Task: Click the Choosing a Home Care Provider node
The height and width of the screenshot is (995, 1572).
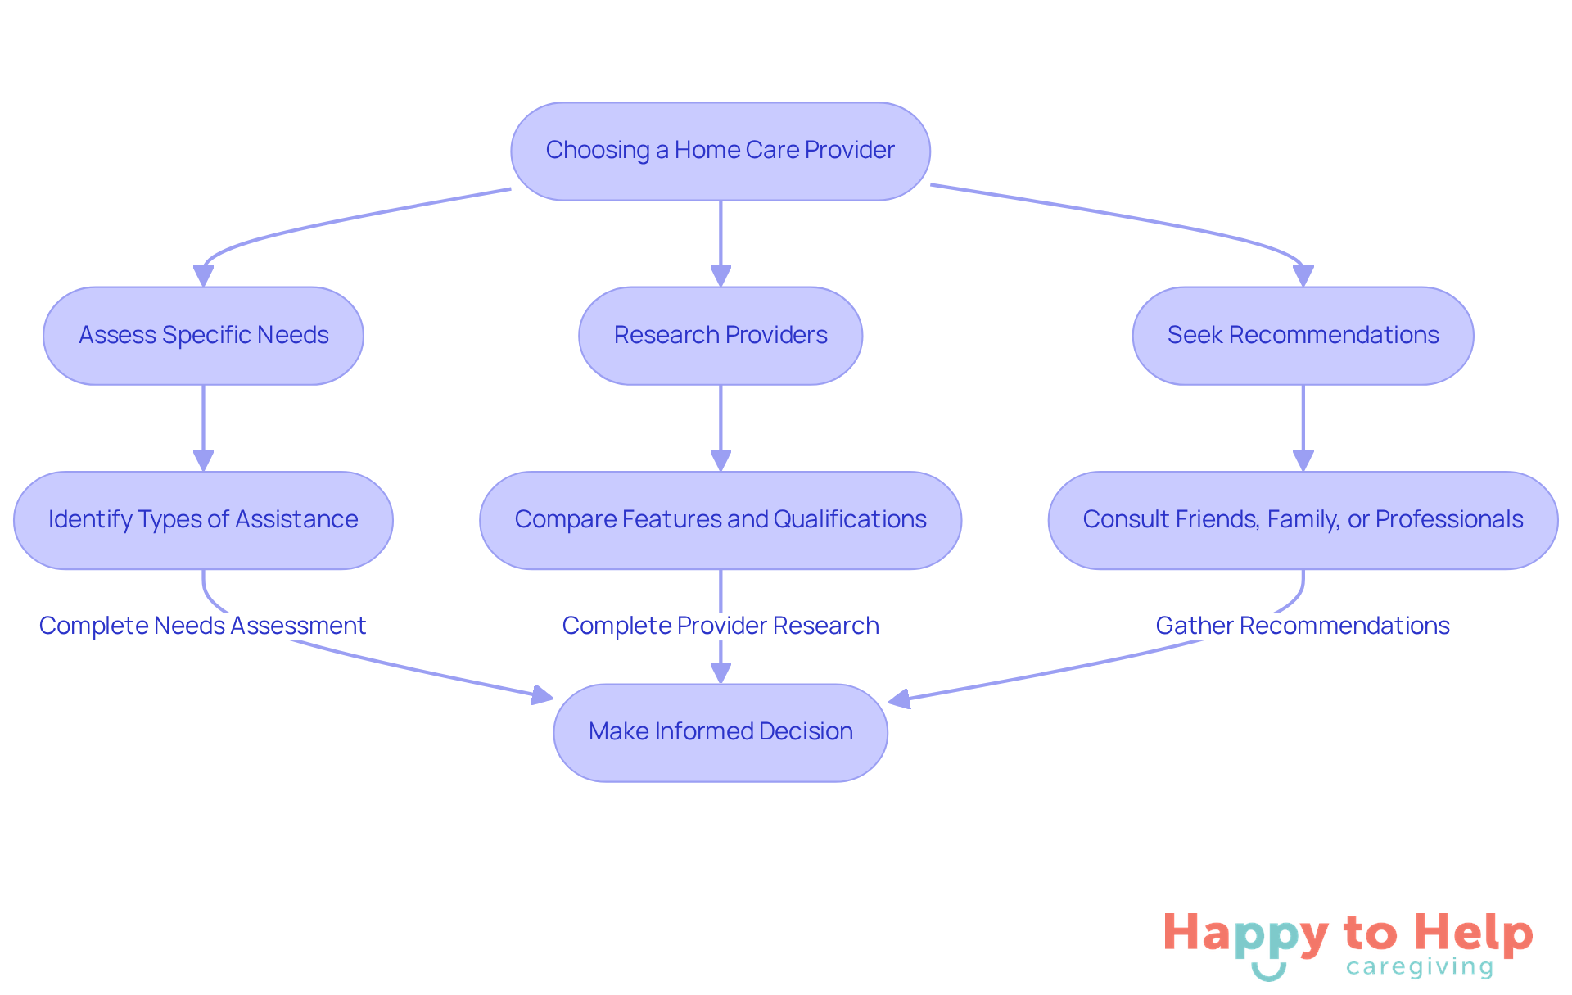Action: tap(720, 151)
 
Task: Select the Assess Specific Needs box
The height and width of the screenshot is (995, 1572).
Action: tap(203, 335)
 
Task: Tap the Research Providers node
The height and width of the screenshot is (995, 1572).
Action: tap(720, 335)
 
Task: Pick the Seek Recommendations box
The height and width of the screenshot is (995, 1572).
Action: tap(1303, 335)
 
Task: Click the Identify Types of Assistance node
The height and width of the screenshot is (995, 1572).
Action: tap(203, 519)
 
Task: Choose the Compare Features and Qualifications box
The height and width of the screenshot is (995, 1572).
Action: tap(720, 519)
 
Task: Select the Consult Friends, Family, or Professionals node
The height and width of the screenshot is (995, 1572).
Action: tap(1303, 519)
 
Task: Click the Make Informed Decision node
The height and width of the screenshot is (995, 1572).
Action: tap(720, 731)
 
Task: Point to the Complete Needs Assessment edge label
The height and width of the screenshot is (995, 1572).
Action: tap(202, 626)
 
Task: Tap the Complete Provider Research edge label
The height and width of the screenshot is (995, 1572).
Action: tap(720, 626)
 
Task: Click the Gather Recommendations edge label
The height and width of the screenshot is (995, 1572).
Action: tap(1302, 626)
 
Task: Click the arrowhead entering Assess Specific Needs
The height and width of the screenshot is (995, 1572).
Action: tap(203, 276)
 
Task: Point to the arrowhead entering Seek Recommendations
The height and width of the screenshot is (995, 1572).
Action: tap(1303, 276)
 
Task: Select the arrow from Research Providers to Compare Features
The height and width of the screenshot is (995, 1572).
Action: tap(720, 426)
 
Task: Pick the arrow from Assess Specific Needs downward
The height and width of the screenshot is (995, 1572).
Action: tap(203, 426)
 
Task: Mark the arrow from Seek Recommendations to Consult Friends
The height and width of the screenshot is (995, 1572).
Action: tap(1303, 426)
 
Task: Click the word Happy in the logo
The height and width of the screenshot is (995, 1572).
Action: tap(1245, 934)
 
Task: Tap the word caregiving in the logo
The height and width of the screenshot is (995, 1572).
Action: tap(1420, 967)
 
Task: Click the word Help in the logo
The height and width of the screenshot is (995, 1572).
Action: tap(1473, 933)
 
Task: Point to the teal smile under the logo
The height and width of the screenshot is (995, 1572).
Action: tap(1268, 972)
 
